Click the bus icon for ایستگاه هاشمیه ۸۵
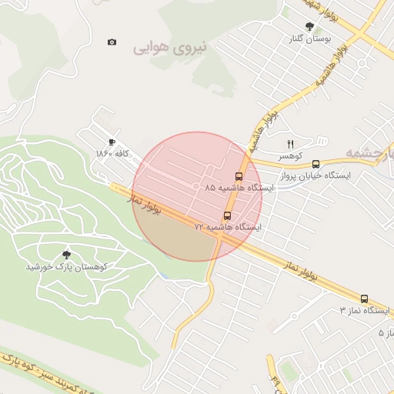(x=238, y=175)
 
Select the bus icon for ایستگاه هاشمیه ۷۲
(x=227, y=216)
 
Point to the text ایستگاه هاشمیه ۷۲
(x=228, y=229)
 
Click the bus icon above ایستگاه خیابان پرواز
(x=316, y=164)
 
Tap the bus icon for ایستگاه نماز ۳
(x=364, y=299)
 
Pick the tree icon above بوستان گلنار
(x=309, y=27)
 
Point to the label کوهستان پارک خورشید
(x=65, y=266)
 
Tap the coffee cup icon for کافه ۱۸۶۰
(x=112, y=142)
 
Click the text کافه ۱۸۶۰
(x=112, y=154)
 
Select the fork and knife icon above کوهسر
(x=290, y=144)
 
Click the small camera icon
(x=112, y=42)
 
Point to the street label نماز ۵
(x=386, y=332)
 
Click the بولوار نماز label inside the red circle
(x=146, y=203)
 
